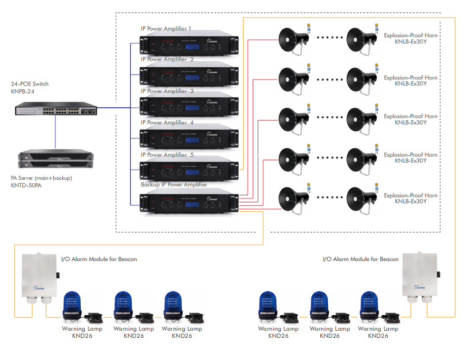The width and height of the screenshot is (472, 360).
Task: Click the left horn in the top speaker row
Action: [292, 40]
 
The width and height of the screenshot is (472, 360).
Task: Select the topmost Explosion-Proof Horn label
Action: [410, 36]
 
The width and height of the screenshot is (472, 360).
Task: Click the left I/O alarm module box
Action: [40, 274]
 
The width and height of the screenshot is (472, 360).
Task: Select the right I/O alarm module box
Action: [420, 274]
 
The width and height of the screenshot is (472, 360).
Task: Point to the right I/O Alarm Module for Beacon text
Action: [360, 259]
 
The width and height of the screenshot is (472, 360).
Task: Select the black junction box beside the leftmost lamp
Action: [94, 316]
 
